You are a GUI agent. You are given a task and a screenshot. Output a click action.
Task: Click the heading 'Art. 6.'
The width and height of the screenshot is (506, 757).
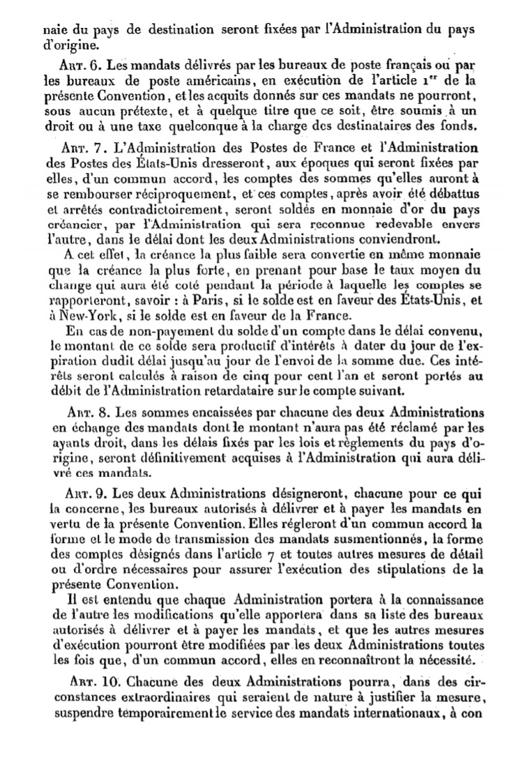[x=82, y=65]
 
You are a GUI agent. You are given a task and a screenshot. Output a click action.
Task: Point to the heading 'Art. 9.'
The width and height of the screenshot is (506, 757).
[x=83, y=489]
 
